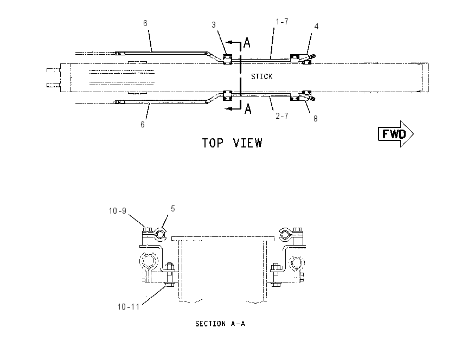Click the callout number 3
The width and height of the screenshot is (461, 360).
coord(214,25)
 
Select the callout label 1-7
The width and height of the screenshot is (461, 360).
coord(282,22)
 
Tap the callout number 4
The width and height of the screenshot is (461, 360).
coord(316,27)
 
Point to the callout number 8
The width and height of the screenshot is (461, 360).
coord(316,118)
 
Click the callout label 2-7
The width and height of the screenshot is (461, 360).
coord(282,116)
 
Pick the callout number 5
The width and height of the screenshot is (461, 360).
coord(173,209)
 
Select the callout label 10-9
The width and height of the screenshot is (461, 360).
coord(118,211)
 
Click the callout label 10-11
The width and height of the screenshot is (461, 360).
coord(129,307)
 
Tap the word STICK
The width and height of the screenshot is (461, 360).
coord(261,76)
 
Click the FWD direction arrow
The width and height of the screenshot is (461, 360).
coord(396,134)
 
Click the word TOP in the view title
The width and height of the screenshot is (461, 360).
coord(213,143)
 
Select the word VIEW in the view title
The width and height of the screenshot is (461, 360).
coord(247,143)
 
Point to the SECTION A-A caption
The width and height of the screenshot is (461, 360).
coord(220,324)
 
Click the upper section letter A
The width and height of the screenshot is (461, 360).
coord(247,42)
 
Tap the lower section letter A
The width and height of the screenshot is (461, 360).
coord(248,109)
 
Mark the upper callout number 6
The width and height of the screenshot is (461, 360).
coord(145,23)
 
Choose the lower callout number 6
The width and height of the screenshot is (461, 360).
coord(143,125)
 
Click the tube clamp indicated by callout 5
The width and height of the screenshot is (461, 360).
coord(160,235)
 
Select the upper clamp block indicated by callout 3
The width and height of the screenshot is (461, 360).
coord(227,59)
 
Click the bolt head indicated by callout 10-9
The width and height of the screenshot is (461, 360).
coord(148,229)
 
